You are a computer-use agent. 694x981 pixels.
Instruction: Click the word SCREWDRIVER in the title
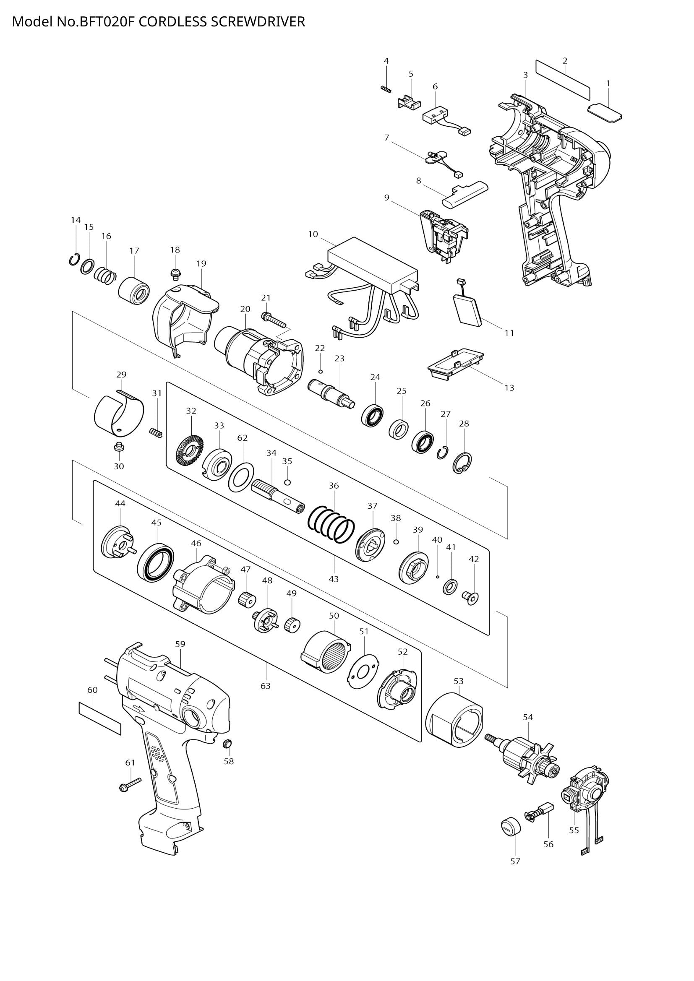[x=258, y=22]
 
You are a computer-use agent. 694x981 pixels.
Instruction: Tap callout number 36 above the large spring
[x=334, y=485]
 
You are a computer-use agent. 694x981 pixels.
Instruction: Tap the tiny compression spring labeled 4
[x=386, y=88]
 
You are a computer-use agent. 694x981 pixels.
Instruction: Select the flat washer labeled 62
[x=241, y=476]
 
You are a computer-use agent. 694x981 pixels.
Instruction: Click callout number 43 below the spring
[x=334, y=579]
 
